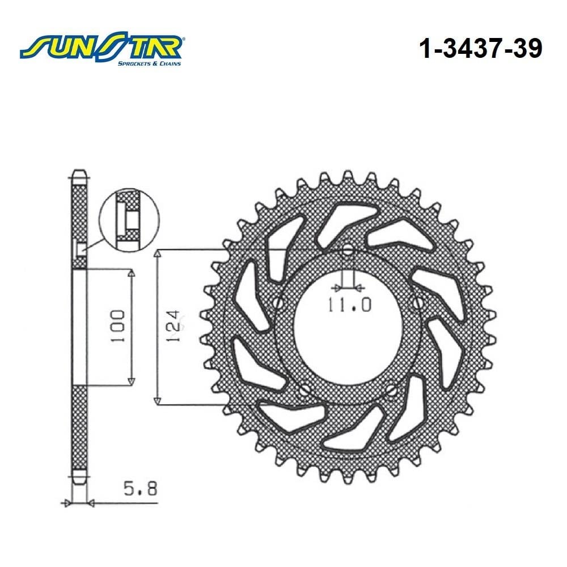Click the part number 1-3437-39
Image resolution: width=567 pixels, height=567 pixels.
(481, 49)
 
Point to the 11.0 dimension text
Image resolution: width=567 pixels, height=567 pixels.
(349, 305)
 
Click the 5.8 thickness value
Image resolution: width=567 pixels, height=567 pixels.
(141, 489)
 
